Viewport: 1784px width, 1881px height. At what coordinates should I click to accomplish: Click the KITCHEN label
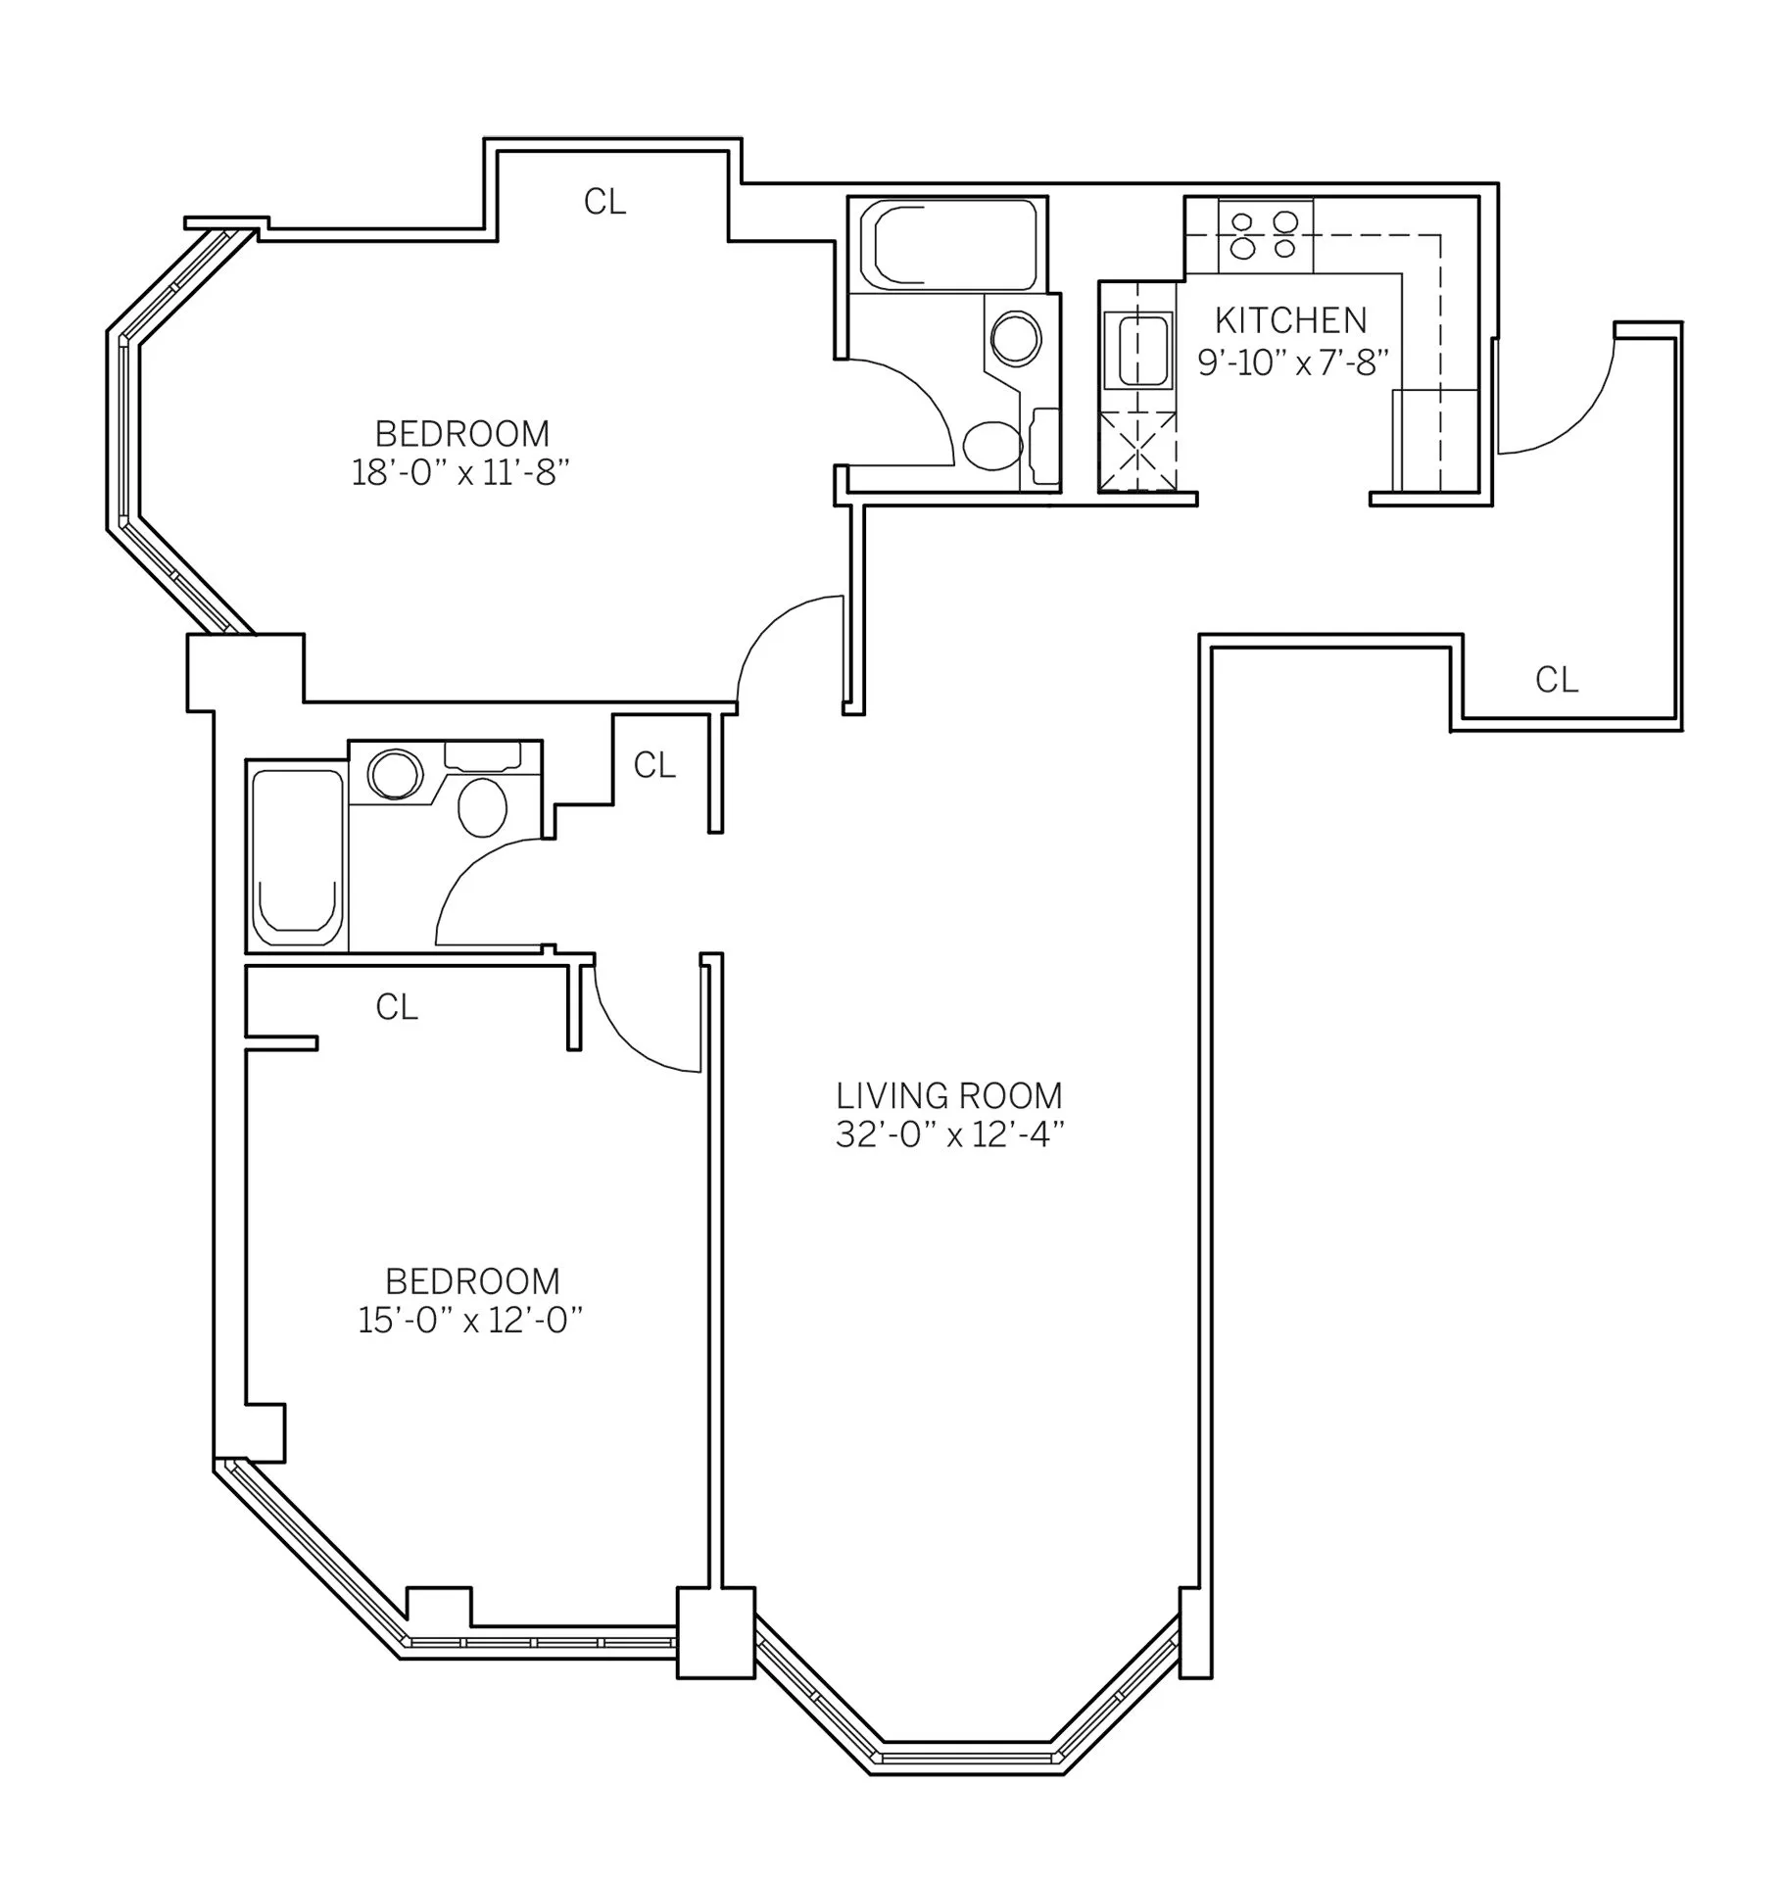point(1289,321)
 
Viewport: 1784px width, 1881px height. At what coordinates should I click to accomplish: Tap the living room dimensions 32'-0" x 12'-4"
point(948,1135)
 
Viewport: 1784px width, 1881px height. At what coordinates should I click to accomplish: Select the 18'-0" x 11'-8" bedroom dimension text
point(460,473)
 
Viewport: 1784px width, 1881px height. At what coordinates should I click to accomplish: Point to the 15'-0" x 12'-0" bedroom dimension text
point(470,1321)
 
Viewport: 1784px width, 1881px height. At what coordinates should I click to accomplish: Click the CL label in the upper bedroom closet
point(604,202)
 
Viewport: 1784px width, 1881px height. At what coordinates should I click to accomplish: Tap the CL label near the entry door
point(1556,680)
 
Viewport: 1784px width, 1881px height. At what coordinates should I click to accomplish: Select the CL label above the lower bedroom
point(397,1007)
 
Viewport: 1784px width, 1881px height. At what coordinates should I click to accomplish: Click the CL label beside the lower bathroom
point(654,765)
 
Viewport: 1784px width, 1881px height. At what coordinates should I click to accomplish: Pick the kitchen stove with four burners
point(1266,235)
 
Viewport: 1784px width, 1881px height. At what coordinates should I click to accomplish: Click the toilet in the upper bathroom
point(992,446)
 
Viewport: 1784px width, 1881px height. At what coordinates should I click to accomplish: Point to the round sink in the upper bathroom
point(1016,339)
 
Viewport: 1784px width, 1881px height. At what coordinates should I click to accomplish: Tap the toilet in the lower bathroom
point(483,807)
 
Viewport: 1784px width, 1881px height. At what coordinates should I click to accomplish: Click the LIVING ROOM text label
point(948,1095)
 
